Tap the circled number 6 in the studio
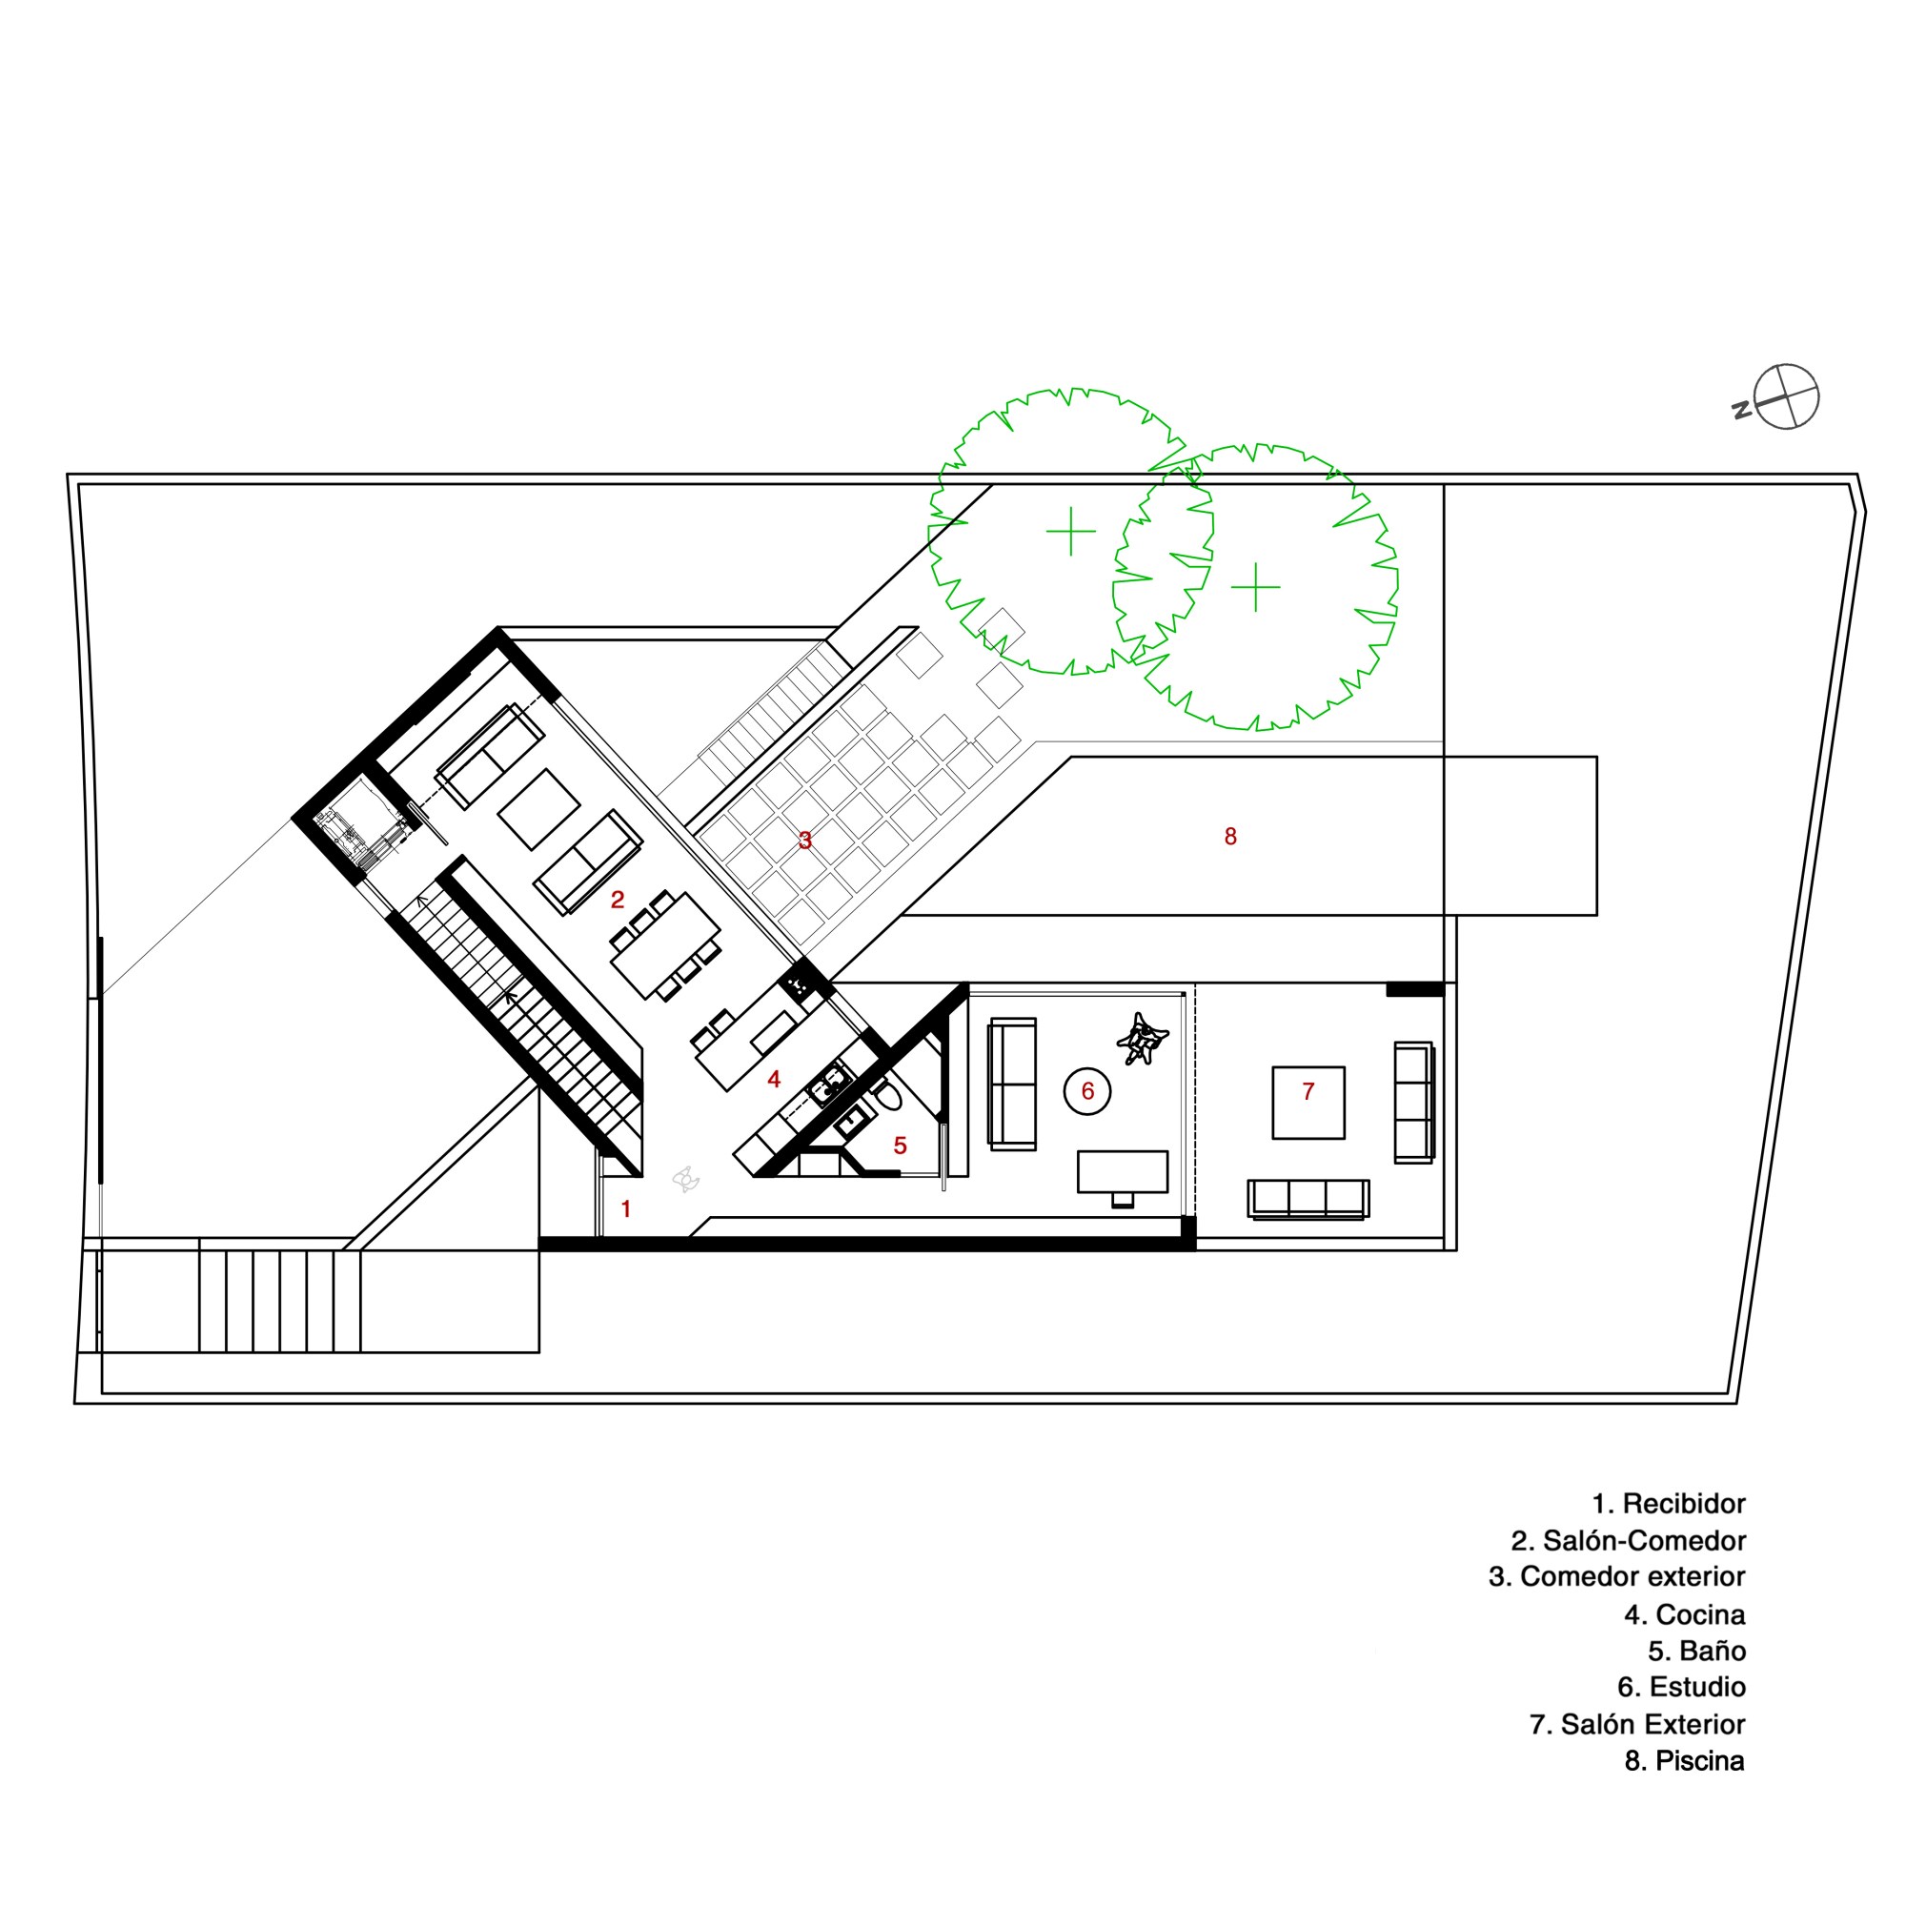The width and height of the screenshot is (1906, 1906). [x=1087, y=1091]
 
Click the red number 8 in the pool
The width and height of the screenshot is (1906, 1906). [x=1230, y=837]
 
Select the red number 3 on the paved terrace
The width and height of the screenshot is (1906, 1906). [x=805, y=841]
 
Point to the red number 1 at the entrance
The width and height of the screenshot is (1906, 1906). [x=625, y=1208]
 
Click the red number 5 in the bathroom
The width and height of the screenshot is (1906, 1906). [x=900, y=1146]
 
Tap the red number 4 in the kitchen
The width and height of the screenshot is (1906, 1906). [x=775, y=1080]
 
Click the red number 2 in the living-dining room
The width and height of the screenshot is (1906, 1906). [x=618, y=900]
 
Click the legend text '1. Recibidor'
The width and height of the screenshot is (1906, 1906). [x=1670, y=1505]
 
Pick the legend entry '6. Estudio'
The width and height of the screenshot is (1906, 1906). [x=1682, y=1688]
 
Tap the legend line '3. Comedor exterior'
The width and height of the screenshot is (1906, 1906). [x=1617, y=1577]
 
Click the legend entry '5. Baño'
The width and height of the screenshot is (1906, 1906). [x=1697, y=1652]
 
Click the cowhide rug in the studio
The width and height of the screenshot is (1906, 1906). [x=1143, y=1039]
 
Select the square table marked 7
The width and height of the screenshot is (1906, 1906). [x=1308, y=1103]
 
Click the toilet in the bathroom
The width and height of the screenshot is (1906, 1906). [x=885, y=1096]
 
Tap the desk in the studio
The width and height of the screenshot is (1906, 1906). [x=1123, y=1172]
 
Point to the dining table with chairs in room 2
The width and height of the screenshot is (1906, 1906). [x=665, y=945]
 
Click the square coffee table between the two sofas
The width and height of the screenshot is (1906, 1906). [x=538, y=809]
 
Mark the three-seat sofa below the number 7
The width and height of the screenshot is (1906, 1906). [x=1308, y=1200]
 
